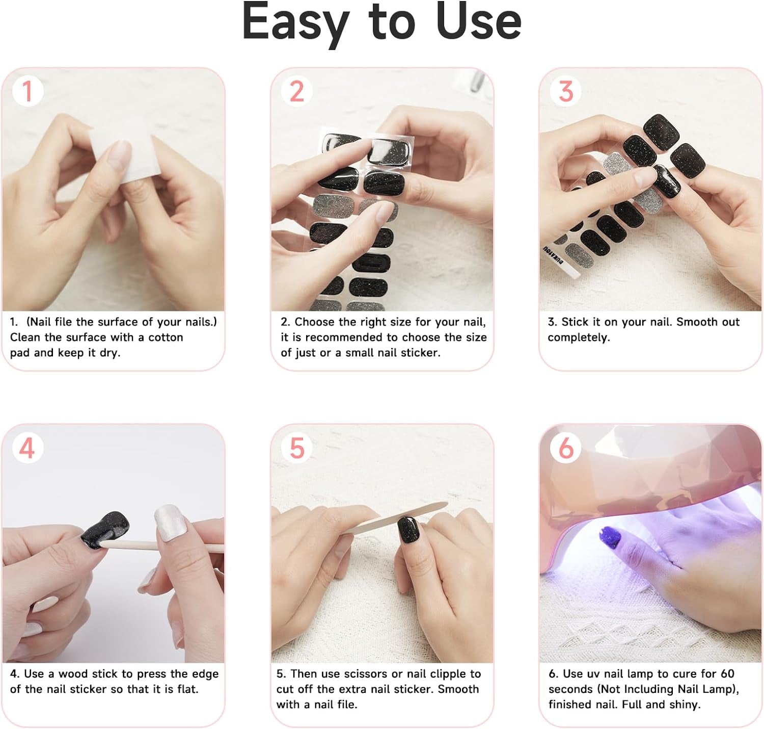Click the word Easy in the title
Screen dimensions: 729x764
295,23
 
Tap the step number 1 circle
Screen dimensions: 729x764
28,91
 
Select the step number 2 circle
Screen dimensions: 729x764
296,91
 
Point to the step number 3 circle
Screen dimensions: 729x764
565,91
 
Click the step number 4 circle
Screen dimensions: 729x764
28,448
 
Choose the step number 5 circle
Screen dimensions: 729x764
296,448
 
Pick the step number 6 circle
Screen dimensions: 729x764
565,448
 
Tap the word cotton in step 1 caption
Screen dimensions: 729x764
165,337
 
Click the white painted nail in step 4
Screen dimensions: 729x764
169,522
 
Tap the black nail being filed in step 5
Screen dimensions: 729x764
408,530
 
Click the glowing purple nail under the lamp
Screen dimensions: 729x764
612,538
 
